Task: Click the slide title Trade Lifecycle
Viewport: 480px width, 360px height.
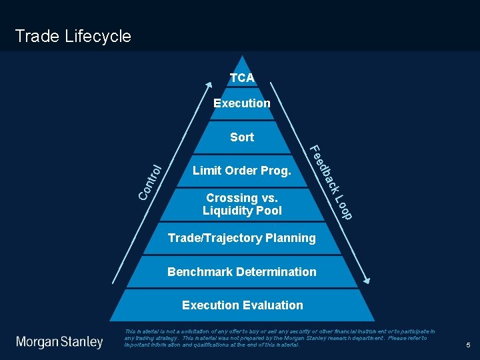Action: (x=73, y=36)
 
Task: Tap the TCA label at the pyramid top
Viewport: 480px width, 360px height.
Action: (x=242, y=78)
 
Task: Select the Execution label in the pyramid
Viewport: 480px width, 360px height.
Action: (x=241, y=103)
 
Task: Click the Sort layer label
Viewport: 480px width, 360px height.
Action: (x=241, y=137)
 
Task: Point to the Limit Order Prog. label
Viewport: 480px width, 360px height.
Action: (x=241, y=171)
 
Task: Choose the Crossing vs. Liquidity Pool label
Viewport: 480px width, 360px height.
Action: (x=242, y=204)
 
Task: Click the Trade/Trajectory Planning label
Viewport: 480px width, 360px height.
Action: (x=241, y=238)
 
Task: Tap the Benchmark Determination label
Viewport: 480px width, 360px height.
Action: (x=241, y=272)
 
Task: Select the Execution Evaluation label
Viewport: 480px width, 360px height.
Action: (x=242, y=305)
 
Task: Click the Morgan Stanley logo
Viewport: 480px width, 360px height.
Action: (x=60, y=342)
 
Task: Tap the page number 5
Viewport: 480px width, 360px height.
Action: (x=468, y=345)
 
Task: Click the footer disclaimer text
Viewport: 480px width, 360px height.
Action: (x=280, y=337)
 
